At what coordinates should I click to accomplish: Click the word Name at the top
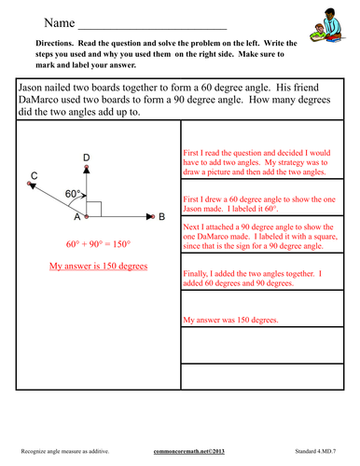pyautogui.click(x=58, y=20)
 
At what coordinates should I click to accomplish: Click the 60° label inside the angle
pyautogui.click(x=74, y=193)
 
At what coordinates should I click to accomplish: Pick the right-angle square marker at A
pyautogui.click(x=93, y=209)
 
